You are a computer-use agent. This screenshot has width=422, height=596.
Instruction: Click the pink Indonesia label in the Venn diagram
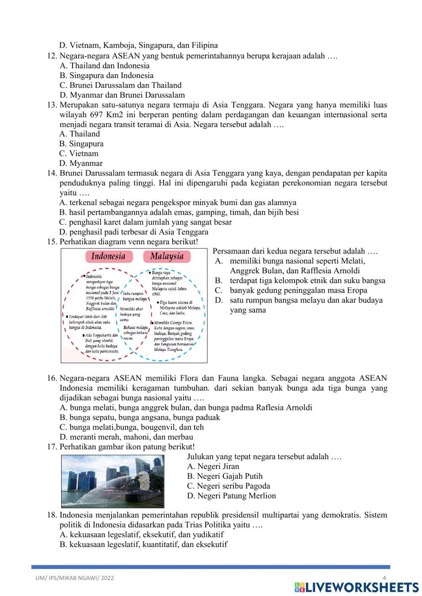tap(108, 256)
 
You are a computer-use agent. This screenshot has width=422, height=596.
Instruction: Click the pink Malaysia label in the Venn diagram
tap(167, 256)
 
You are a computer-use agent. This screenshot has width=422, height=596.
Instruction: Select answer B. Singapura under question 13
tap(81, 144)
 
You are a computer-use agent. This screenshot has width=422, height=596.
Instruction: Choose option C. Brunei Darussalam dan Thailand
tap(120, 85)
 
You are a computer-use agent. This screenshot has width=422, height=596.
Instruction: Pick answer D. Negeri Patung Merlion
tap(231, 496)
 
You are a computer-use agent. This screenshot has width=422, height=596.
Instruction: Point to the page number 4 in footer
tap(384, 578)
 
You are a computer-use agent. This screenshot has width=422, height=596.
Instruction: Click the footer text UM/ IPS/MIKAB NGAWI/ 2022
tap(75, 578)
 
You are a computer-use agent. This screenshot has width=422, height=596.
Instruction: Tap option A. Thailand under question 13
tap(80, 134)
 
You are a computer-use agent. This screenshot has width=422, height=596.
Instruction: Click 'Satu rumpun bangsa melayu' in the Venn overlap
tap(134, 296)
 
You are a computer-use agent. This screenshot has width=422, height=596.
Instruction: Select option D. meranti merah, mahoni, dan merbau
tap(126, 437)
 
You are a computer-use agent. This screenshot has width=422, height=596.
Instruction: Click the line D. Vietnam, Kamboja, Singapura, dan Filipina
tap(138, 46)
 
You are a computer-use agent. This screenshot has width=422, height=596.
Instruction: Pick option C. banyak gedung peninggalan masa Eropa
tap(291, 291)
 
